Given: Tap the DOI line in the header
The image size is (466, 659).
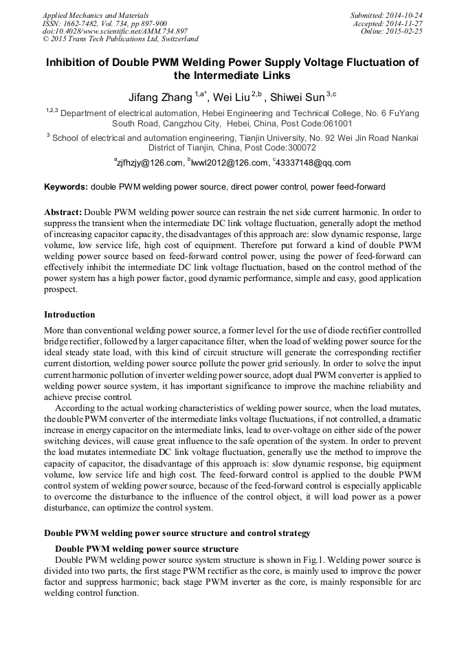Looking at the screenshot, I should coord(114,31).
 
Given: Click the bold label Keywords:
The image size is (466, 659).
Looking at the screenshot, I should coord(66,186).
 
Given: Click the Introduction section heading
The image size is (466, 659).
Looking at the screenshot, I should coord(69,314).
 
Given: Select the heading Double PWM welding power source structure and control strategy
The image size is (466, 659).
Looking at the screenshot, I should coord(177,533).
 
